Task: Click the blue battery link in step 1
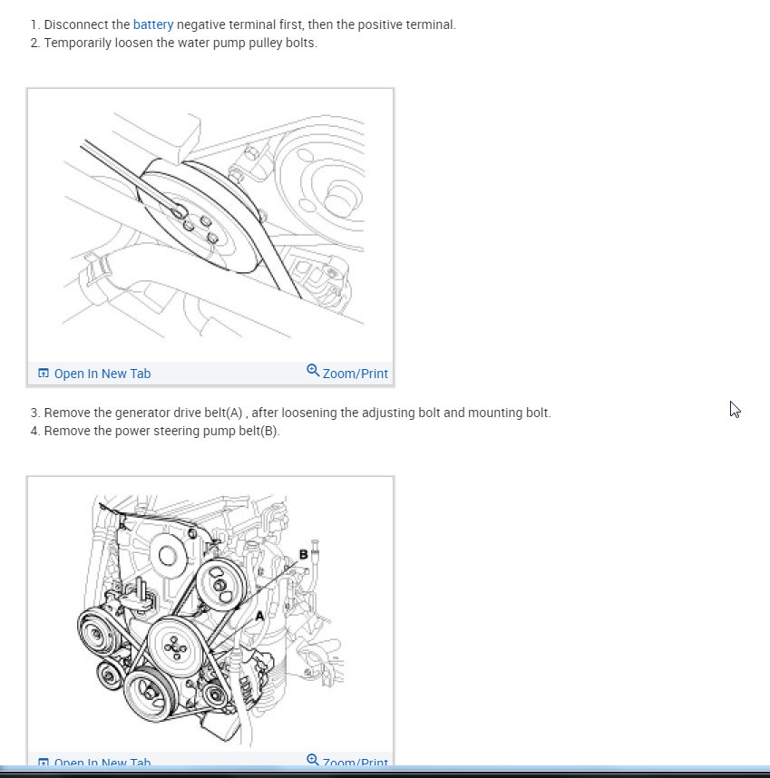[152, 24]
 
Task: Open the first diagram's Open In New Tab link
[102, 374]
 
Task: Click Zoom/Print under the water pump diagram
[355, 374]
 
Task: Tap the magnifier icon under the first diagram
[313, 371]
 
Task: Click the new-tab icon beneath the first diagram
[43, 374]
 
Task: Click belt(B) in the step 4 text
[258, 431]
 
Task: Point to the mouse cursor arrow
[735, 409]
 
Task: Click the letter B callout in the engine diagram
[303, 554]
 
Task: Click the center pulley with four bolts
[176, 648]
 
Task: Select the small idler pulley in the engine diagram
[110, 675]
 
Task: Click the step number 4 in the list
[34, 431]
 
